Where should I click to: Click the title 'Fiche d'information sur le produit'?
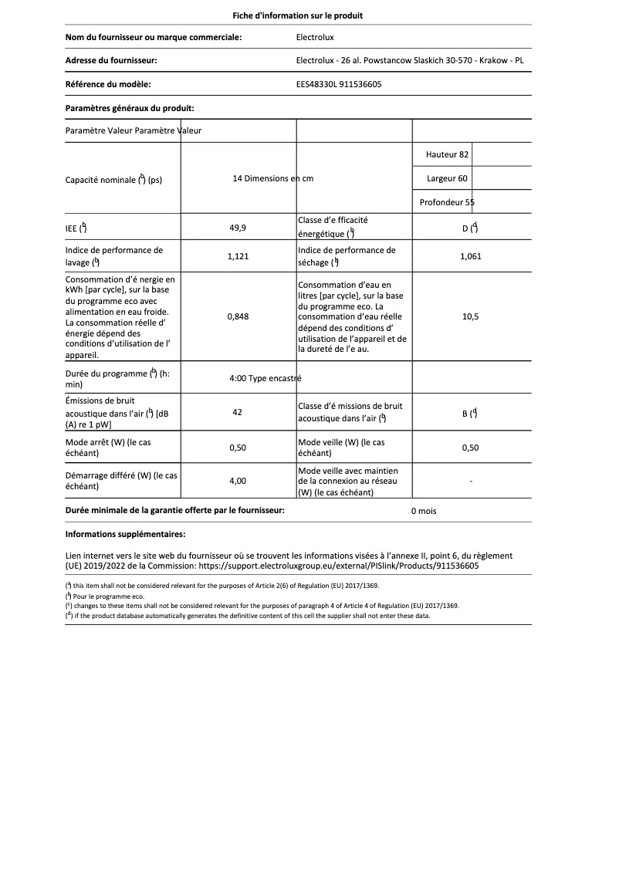[x=297, y=15]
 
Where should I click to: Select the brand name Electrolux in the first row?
[x=315, y=36]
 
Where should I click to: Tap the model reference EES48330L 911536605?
[x=338, y=84]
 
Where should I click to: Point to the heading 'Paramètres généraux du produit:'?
[x=130, y=108]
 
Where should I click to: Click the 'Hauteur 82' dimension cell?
[x=447, y=154]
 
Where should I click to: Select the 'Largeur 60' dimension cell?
[x=447, y=178]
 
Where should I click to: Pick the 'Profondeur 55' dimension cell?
[x=447, y=202]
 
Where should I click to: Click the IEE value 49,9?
[x=238, y=228]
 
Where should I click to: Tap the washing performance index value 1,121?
[x=238, y=256]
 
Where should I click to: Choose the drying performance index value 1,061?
[x=470, y=256]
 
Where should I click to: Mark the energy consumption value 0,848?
[x=238, y=316]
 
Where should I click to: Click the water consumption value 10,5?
[x=470, y=316]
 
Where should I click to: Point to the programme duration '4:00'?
[x=238, y=378]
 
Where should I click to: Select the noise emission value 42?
[x=238, y=412]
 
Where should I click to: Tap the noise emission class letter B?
[x=465, y=414]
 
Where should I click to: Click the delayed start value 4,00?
[x=238, y=481]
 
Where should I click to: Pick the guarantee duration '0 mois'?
[x=423, y=511]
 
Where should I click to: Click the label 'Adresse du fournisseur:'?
[x=112, y=60]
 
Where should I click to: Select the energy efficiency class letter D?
[x=465, y=228]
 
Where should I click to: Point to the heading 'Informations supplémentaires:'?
[x=125, y=533]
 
